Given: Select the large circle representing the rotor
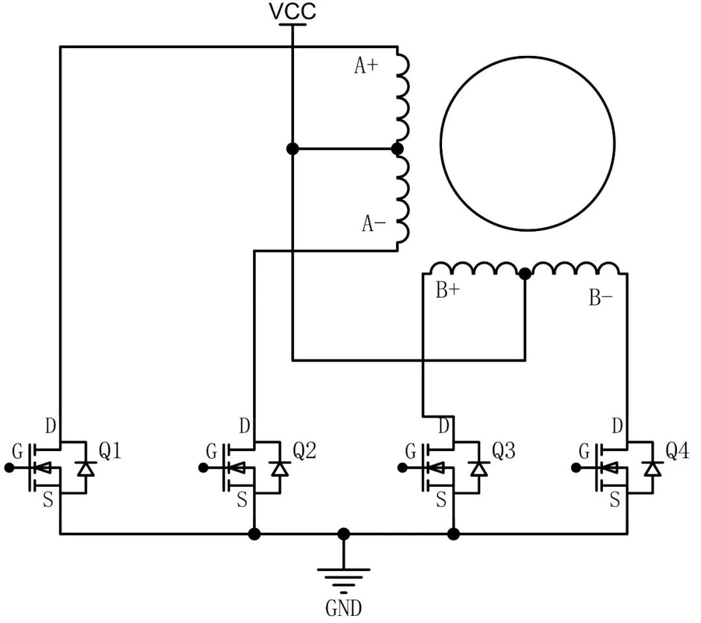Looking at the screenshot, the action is [x=527, y=143].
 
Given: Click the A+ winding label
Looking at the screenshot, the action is [x=366, y=66].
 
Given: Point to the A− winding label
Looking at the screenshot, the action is [x=374, y=224].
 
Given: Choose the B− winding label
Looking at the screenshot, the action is [x=600, y=298].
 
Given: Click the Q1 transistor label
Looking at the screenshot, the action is [x=110, y=450].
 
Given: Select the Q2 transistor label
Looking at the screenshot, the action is [x=304, y=450].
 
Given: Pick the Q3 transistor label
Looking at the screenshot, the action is [x=503, y=450].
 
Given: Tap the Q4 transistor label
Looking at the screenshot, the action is [x=678, y=450].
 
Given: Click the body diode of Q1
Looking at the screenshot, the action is [x=85, y=468].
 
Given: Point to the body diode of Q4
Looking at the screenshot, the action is [x=652, y=468].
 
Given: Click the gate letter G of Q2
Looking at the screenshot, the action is [x=212, y=451].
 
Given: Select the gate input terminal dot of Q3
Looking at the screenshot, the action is [x=402, y=467].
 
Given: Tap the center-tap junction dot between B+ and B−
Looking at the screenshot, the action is [x=525, y=275].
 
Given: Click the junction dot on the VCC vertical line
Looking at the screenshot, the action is [x=292, y=149].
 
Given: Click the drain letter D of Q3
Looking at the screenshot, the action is [x=444, y=426].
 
